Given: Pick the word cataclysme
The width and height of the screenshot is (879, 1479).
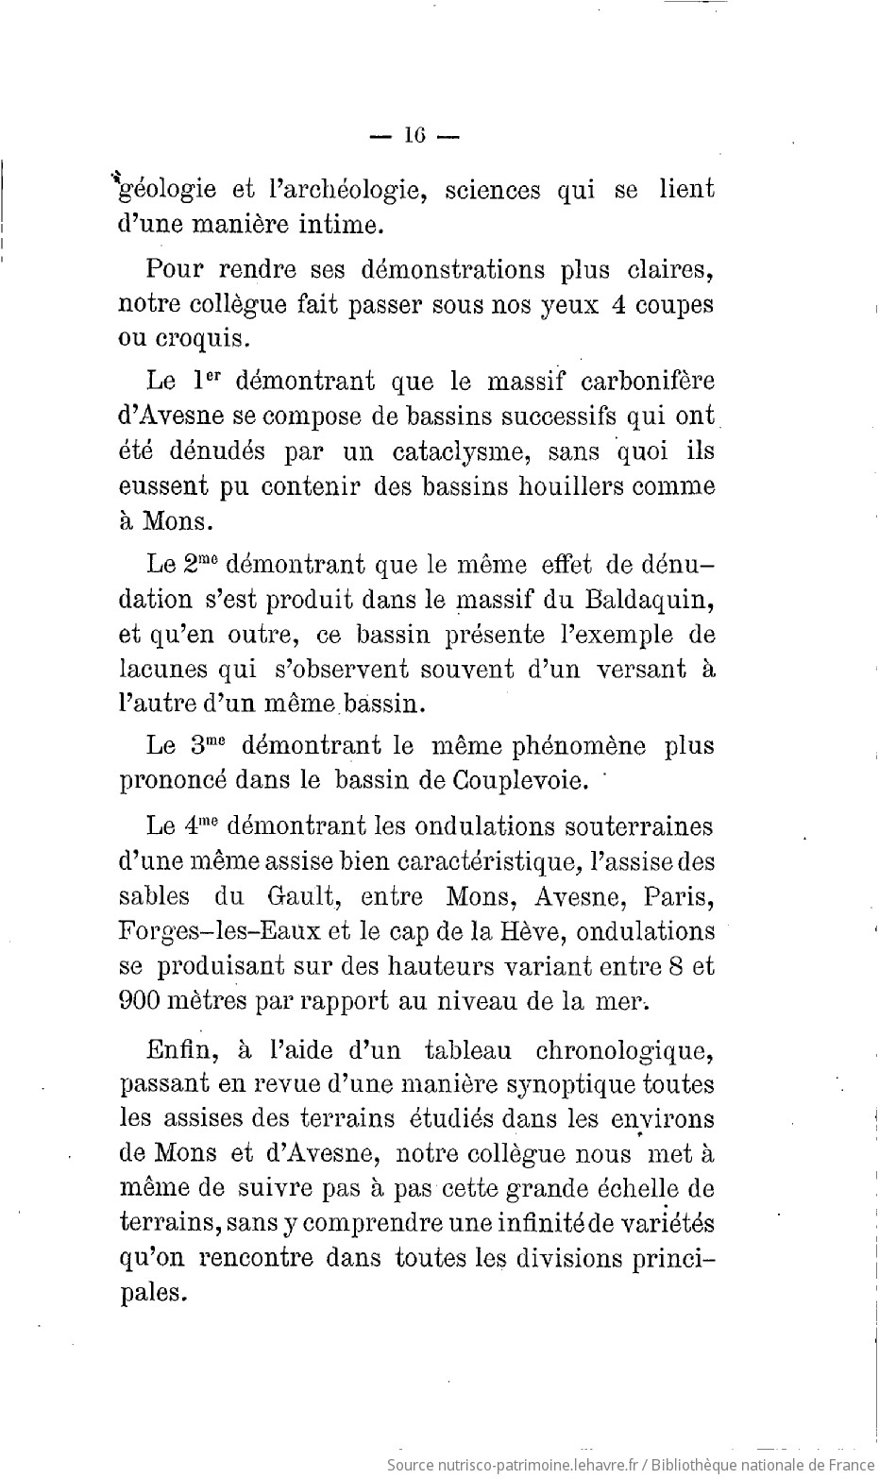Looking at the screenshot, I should click(x=434, y=451).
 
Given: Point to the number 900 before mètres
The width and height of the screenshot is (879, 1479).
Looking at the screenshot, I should click(x=143, y=1000).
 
